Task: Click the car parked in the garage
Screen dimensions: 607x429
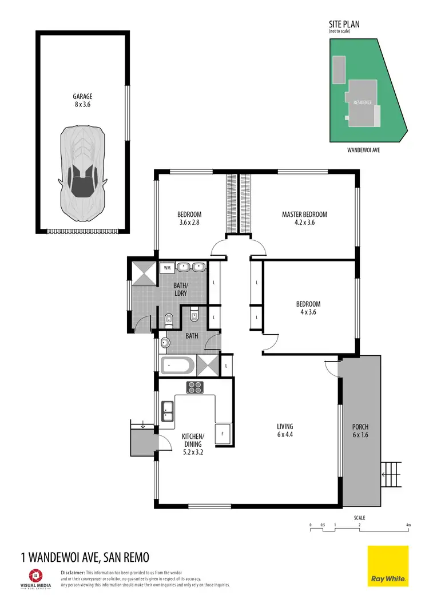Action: [x=82, y=174]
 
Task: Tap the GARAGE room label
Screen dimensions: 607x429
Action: [x=82, y=101]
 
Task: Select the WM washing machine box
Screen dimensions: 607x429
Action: [x=168, y=267]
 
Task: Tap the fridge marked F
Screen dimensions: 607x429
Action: [x=223, y=434]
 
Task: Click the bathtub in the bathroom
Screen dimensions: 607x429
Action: [x=178, y=366]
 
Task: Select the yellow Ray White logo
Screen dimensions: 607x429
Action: [x=388, y=566]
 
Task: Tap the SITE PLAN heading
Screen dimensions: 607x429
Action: [x=344, y=25]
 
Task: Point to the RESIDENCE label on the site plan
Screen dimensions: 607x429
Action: [x=363, y=102]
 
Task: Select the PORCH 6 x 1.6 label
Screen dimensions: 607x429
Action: [x=360, y=431]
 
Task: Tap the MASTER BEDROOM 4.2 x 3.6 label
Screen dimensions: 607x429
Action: [x=304, y=219]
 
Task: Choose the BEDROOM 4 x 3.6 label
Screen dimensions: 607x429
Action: [x=308, y=308]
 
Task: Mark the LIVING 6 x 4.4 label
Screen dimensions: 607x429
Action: [x=285, y=430]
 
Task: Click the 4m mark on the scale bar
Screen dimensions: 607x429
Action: [x=408, y=525]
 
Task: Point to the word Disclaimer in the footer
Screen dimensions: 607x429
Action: [x=73, y=572]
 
